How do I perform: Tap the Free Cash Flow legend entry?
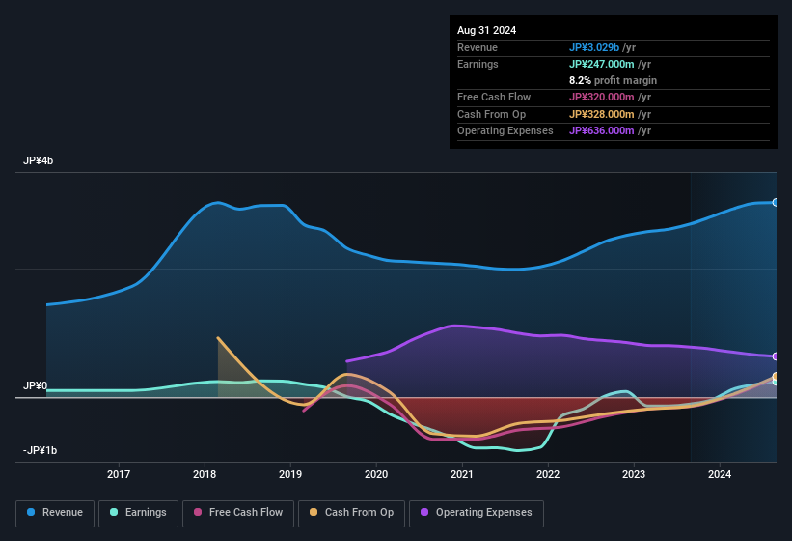(x=238, y=512)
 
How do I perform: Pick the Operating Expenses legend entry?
(x=476, y=512)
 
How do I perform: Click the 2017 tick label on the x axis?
(x=119, y=474)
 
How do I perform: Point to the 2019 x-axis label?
(x=290, y=474)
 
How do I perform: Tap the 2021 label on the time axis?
(x=462, y=474)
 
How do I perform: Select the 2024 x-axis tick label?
(x=720, y=474)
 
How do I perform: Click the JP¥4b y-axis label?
(x=39, y=161)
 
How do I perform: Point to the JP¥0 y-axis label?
(x=36, y=385)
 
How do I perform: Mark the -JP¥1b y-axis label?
(x=41, y=451)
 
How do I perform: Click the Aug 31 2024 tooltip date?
(x=486, y=30)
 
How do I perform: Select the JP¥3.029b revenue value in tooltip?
(x=600, y=47)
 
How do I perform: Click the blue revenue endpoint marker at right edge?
(x=776, y=203)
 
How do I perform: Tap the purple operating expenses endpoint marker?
(x=776, y=356)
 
